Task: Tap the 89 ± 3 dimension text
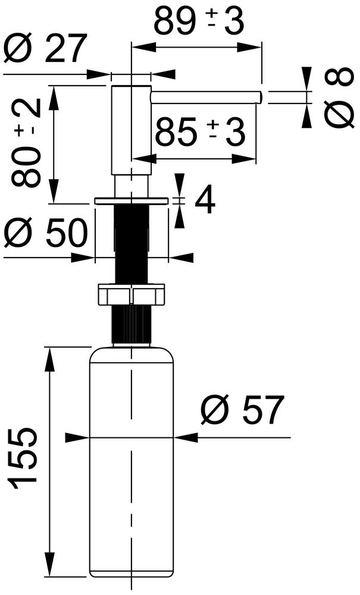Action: [x=199, y=21]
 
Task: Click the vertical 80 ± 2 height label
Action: [x=26, y=143]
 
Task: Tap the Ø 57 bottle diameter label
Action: [x=242, y=410]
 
